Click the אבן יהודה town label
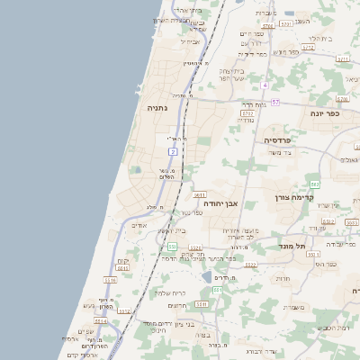point(220,203)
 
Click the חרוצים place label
point(178,305)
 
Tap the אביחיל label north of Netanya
point(191,41)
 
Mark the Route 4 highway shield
point(265,85)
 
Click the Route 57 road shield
point(275,102)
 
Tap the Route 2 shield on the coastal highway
point(173,151)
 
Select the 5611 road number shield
point(200,193)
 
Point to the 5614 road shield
point(100,320)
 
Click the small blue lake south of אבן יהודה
point(207,277)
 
